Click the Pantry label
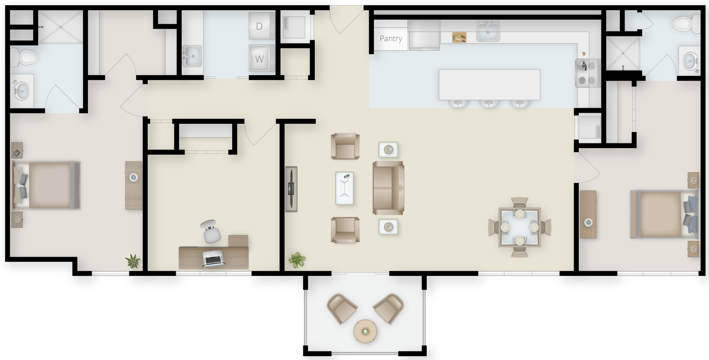click(x=391, y=39)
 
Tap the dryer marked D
click(x=262, y=26)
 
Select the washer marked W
click(x=262, y=58)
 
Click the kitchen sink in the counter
click(x=488, y=31)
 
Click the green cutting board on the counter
click(x=459, y=37)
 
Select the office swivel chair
click(x=211, y=231)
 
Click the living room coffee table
click(x=345, y=188)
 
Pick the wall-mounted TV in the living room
click(x=291, y=189)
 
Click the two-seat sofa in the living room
click(x=388, y=188)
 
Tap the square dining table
click(x=520, y=227)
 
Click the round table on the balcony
click(x=365, y=331)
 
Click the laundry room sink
click(x=192, y=56)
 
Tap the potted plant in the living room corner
click(x=297, y=259)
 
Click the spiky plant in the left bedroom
click(x=133, y=261)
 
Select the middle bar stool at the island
click(x=489, y=104)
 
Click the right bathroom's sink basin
click(x=690, y=61)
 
